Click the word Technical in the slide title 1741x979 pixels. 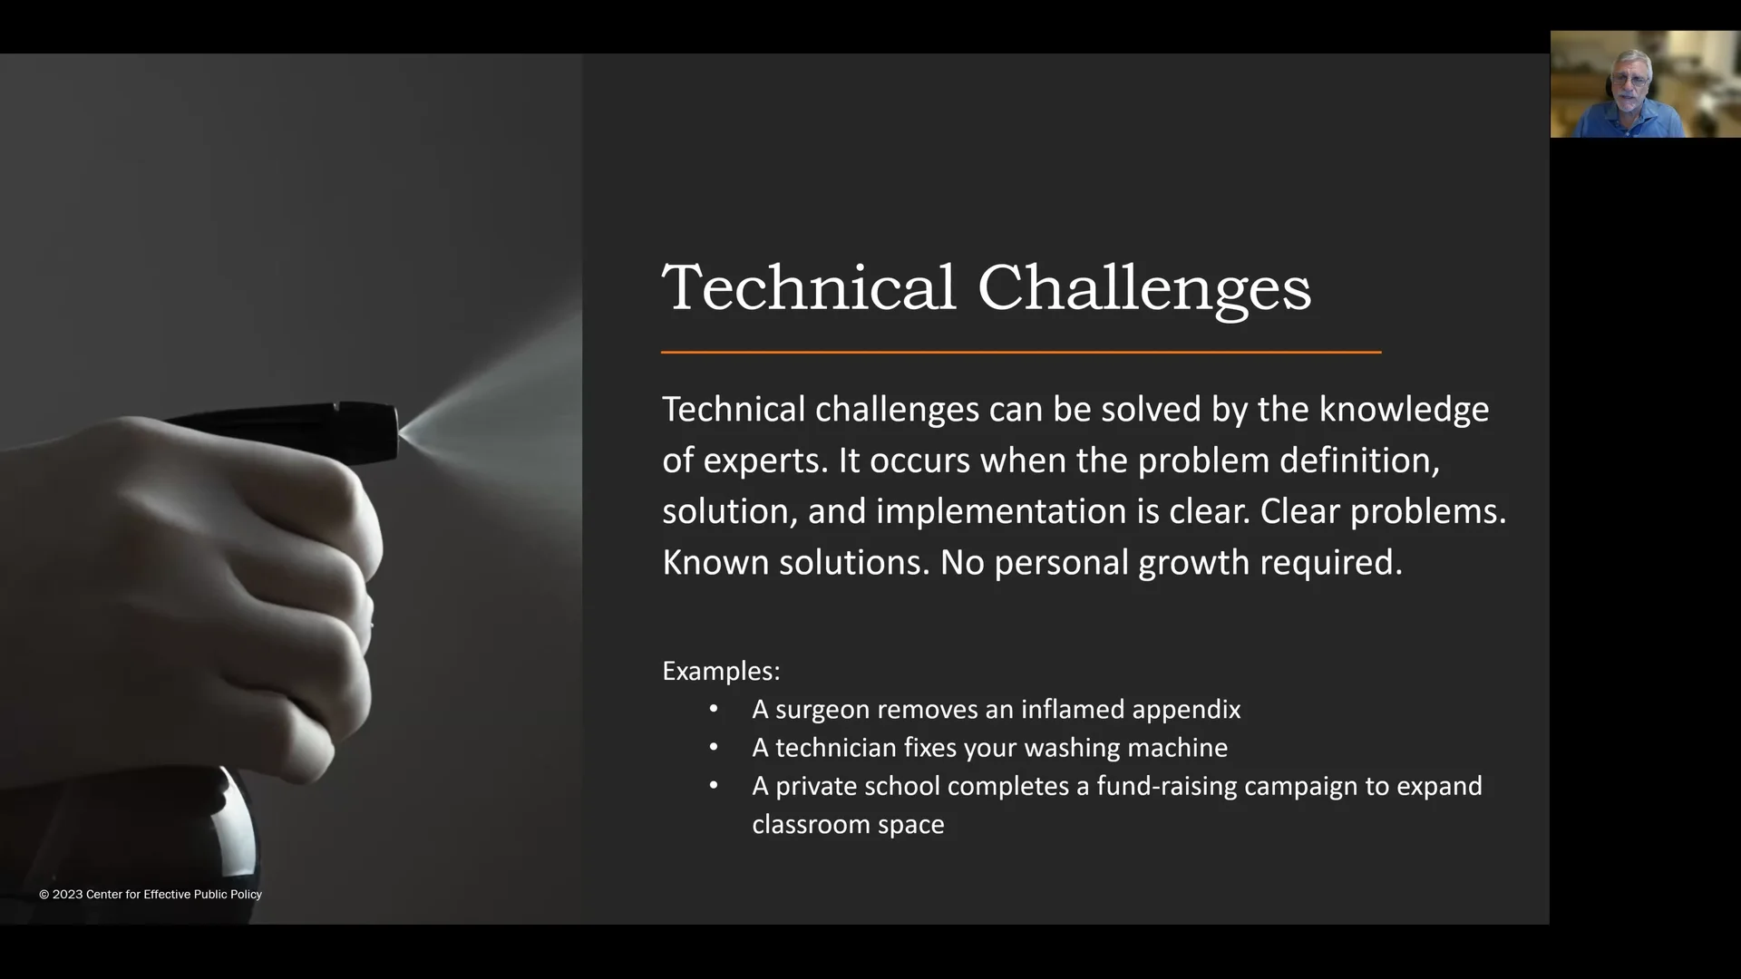coord(809,288)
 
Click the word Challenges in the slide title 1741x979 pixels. coord(1143,288)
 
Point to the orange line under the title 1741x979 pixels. coord(1020,352)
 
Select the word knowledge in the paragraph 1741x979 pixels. coord(1403,410)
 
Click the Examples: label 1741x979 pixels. coord(721,671)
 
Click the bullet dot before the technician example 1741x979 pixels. coord(714,747)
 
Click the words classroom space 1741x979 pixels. coord(848,825)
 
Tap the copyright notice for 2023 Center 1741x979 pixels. coord(151,895)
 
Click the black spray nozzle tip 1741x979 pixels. coord(385,431)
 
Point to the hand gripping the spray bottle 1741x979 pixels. coord(236,580)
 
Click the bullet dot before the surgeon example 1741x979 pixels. coord(714,709)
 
